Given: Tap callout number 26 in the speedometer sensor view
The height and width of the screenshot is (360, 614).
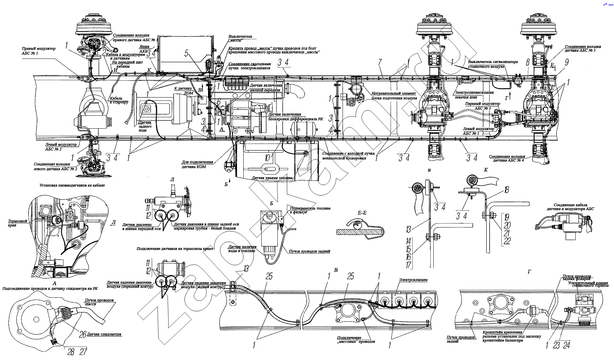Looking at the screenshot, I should (83, 334).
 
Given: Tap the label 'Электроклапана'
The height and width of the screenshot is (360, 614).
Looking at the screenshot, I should (412, 279).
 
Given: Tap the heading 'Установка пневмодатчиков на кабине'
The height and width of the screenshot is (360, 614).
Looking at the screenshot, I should (71, 185).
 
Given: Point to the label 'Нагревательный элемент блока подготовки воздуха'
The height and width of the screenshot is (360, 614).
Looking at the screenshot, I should (393, 95).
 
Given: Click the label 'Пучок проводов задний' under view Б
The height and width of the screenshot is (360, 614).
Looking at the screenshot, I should (309, 251).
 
